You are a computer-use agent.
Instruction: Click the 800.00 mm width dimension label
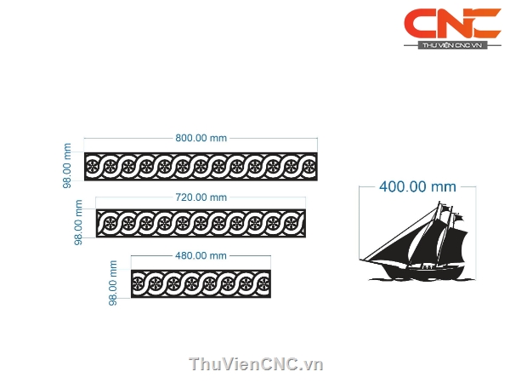pyautogui.click(x=200, y=138)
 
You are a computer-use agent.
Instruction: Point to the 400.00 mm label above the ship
pyautogui.click(x=417, y=186)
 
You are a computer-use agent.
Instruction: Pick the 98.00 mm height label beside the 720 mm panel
pyautogui.click(x=78, y=221)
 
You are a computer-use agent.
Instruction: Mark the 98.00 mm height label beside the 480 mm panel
pyautogui.click(x=115, y=283)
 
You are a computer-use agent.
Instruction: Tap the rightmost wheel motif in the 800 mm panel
pyautogui.click(x=309, y=166)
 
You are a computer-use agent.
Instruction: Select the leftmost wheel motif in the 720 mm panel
pyautogui.click(x=108, y=225)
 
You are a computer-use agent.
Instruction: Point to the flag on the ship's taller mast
pyautogui.click(x=445, y=207)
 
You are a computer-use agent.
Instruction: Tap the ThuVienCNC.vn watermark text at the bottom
pyautogui.click(x=256, y=364)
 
